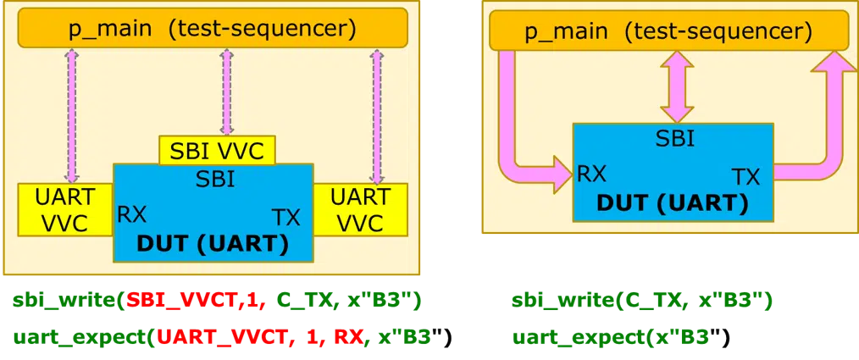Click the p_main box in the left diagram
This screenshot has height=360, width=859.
pyautogui.click(x=212, y=30)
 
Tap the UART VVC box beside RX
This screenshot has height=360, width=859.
pyautogui.click(x=66, y=209)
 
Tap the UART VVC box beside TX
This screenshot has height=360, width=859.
pyautogui.click(x=360, y=209)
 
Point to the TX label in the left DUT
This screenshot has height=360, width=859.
pyautogui.click(x=286, y=216)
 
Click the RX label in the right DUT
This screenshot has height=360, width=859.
pyautogui.click(x=591, y=174)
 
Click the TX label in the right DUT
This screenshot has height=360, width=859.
pyautogui.click(x=745, y=176)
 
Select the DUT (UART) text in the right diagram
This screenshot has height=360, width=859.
pyautogui.click(x=672, y=203)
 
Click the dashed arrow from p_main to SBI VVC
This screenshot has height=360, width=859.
pyautogui.click(x=225, y=91)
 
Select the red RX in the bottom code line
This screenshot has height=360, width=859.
pyautogui.click(x=345, y=338)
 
